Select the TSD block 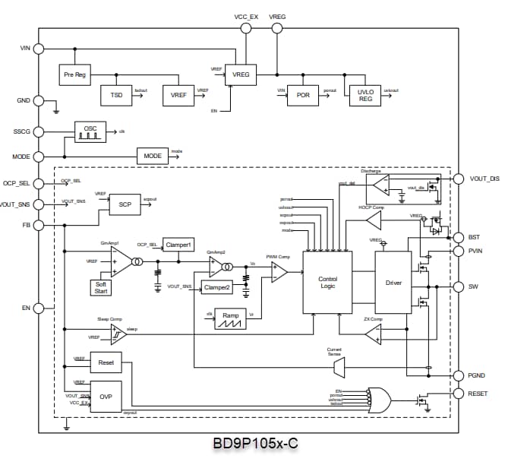(116, 95)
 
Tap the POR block (303, 95)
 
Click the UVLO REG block (365, 95)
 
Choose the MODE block (153, 156)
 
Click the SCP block (125, 204)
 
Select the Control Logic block (327, 282)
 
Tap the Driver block (393, 282)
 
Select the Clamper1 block (178, 245)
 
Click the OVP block (106, 397)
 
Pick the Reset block (106, 363)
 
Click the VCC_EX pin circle (245, 28)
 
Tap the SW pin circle (457, 287)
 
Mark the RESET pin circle (457, 394)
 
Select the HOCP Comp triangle (373, 220)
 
